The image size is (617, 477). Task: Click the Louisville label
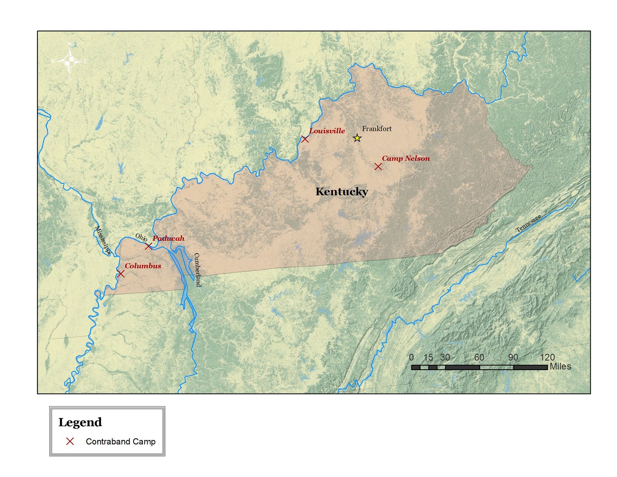point(327,131)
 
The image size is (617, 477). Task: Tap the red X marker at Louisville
point(305,139)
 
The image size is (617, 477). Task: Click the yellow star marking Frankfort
point(357,138)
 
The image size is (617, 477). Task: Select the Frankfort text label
point(376,129)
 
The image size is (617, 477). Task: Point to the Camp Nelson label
point(405,158)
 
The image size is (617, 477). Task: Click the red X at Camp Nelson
point(378,166)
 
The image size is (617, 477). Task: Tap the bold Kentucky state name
point(341,191)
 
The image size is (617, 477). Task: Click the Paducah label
point(168,238)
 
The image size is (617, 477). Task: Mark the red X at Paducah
point(148,246)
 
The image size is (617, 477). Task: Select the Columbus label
point(143,266)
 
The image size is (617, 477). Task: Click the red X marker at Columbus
point(120,274)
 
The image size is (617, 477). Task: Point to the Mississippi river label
point(103,240)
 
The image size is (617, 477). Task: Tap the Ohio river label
point(141,237)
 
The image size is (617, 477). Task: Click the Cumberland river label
point(197,270)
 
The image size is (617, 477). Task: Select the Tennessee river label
point(528,223)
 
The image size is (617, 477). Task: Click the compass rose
point(69,61)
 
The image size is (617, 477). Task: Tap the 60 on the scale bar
point(479,357)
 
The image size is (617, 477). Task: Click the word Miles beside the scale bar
point(560,366)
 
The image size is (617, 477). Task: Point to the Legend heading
point(80,422)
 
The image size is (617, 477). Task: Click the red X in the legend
point(70,441)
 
